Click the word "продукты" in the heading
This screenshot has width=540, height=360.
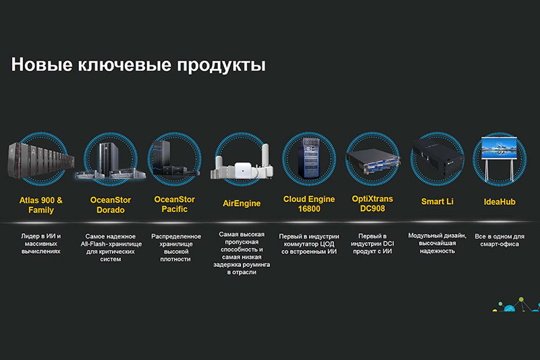(x=221, y=65)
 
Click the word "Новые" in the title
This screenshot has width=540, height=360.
(x=42, y=64)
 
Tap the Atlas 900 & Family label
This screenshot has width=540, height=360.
(x=41, y=205)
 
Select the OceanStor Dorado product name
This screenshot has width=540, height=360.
(x=111, y=205)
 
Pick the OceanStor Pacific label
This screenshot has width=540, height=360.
(x=175, y=204)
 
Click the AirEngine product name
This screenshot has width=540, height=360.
(x=242, y=203)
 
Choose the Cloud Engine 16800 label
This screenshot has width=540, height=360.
(x=309, y=203)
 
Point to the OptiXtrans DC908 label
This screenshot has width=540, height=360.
(x=373, y=203)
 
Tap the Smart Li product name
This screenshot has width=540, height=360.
(x=437, y=201)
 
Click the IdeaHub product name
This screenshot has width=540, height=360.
(x=500, y=202)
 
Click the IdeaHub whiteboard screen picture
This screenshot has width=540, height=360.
(x=500, y=149)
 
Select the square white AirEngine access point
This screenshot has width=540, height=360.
(x=243, y=170)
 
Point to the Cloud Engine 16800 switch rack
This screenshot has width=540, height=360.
(x=309, y=157)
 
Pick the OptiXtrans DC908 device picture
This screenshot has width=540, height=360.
(x=373, y=162)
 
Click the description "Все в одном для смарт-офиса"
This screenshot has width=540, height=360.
(x=500, y=240)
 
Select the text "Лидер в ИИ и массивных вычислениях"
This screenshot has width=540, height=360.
(x=41, y=244)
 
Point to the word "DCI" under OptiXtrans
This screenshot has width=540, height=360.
(x=389, y=244)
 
